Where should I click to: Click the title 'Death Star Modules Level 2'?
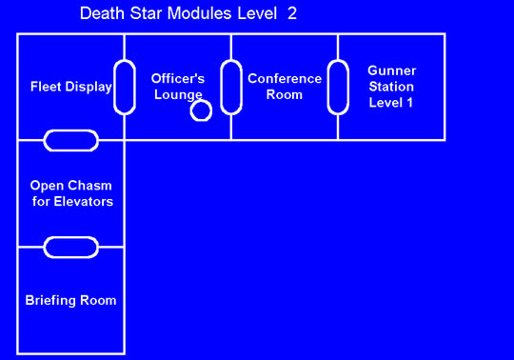coord(188,13)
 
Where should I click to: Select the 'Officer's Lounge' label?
coord(178,87)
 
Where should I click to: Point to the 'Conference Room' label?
coord(284,87)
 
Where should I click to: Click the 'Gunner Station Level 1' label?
coord(391,87)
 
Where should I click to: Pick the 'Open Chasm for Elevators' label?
coord(71,193)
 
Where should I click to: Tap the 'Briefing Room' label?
coord(71,300)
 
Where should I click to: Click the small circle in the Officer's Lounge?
coord(201,110)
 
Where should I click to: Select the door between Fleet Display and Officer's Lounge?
coord(125,88)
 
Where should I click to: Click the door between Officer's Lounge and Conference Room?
coord(230,88)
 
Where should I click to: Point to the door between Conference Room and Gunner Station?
coord(338,88)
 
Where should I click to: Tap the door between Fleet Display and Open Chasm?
coord(71,141)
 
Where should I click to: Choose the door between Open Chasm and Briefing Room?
coord(71,247)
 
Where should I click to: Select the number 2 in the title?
coord(292,13)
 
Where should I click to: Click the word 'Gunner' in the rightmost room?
coord(391,71)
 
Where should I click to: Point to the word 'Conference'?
coord(284,78)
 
